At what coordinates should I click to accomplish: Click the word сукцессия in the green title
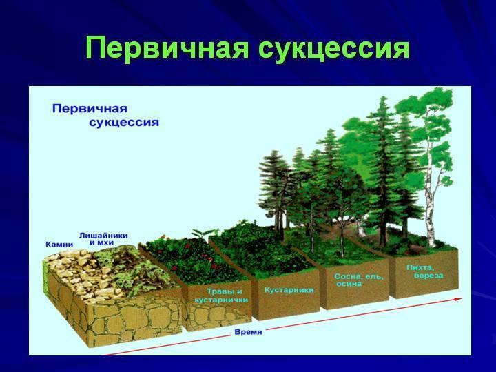click(x=334, y=49)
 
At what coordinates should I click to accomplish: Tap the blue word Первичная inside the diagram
click(x=90, y=109)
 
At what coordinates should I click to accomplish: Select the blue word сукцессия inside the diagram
click(x=124, y=122)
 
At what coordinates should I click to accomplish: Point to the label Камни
click(x=59, y=245)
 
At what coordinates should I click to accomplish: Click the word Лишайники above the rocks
click(x=103, y=236)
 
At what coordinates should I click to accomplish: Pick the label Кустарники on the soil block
click(x=289, y=290)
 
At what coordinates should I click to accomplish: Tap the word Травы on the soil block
click(x=221, y=291)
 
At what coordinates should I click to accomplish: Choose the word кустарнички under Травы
click(x=221, y=300)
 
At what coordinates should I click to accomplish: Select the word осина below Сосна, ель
click(x=349, y=284)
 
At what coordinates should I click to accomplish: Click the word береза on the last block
click(x=428, y=276)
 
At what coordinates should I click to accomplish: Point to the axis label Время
click(x=248, y=332)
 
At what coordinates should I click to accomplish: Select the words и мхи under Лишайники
click(x=101, y=243)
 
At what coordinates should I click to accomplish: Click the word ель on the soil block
click(x=375, y=277)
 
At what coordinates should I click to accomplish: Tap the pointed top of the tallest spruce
click(x=384, y=97)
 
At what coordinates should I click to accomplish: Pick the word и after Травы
click(x=239, y=291)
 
